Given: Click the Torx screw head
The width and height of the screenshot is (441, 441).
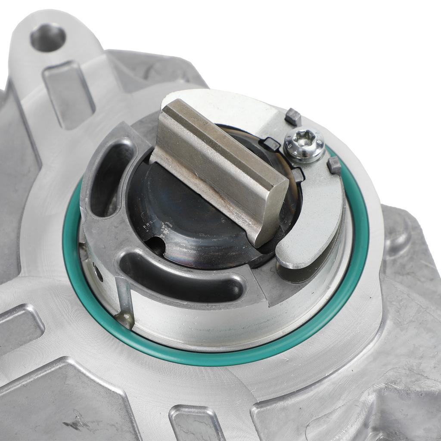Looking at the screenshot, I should coord(304,145).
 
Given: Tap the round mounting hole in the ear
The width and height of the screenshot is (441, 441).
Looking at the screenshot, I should coord(47,37).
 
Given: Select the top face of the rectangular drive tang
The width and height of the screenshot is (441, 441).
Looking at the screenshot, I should coord(215,159).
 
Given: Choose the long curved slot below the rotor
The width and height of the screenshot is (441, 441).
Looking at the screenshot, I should coord(181,276).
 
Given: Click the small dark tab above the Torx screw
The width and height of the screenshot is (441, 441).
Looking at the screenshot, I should coord(293,116).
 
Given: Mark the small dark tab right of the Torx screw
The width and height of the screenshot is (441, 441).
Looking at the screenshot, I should coord(334,165).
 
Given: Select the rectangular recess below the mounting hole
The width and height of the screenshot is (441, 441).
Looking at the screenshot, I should coord(69,95).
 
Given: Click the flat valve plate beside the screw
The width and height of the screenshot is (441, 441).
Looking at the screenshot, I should coord(319,202).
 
